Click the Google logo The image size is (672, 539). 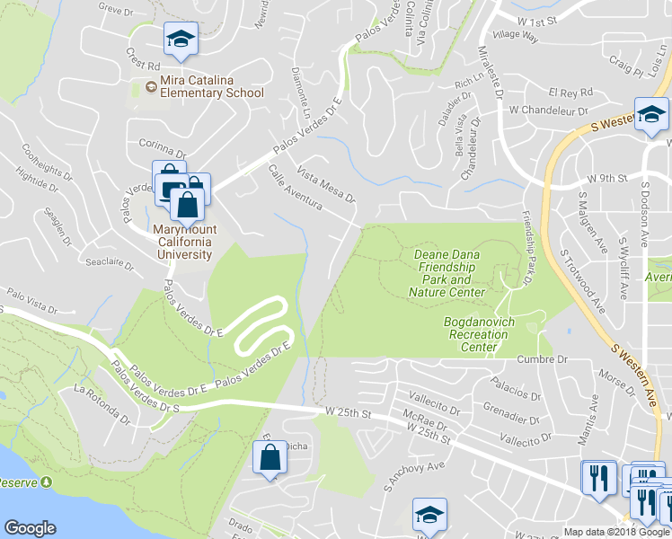30,528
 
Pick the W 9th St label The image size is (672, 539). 606,179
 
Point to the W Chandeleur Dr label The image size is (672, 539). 541,110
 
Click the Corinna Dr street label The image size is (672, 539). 162,142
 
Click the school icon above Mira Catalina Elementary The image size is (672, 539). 180,40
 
